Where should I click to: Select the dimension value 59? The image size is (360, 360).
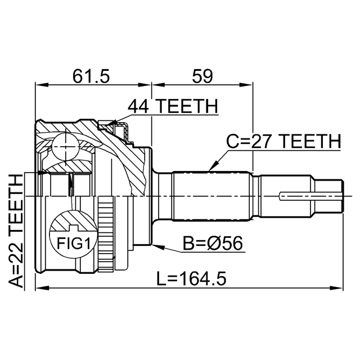203,75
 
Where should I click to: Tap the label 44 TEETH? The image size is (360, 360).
172,106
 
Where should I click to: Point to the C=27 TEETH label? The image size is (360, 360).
283,141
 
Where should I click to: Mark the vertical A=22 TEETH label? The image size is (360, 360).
16,231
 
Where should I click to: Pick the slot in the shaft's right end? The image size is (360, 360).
309,196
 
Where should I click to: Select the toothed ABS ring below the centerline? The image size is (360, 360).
102,231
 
